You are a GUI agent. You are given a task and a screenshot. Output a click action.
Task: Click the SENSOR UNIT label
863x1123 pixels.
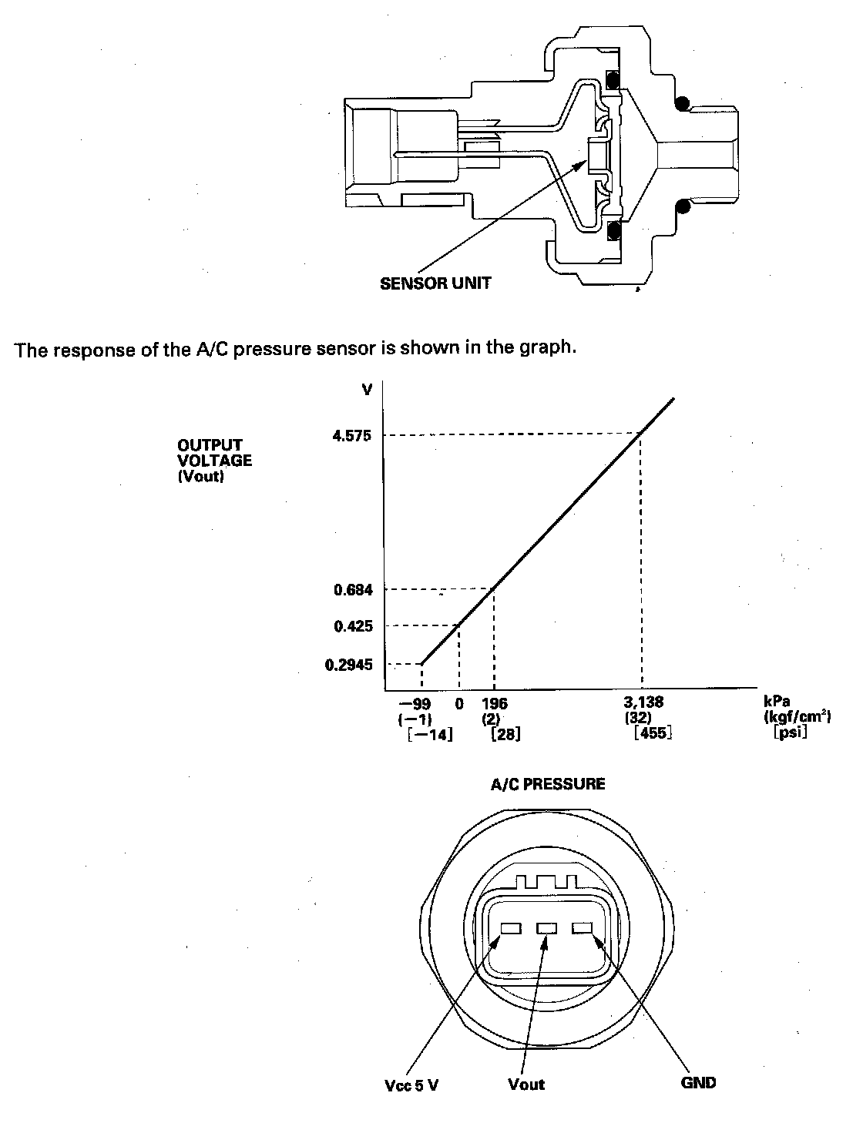pyautogui.click(x=435, y=283)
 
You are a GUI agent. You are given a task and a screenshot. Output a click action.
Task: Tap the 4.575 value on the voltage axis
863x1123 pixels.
pyautogui.click(x=352, y=435)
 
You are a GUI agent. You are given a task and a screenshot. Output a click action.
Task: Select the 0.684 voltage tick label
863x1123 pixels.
pyautogui.click(x=353, y=590)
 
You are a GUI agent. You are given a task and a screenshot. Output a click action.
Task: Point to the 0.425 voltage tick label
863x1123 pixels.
pyautogui.click(x=353, y=626)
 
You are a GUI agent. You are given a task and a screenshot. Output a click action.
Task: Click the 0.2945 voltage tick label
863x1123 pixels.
pyautogui.click(x=348, y=664)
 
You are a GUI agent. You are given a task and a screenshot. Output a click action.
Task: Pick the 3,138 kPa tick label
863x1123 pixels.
pyautogui.click(x=643, y=702)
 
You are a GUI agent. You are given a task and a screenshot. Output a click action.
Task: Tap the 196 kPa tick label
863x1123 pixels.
pyautogui.click(x=494, y=703)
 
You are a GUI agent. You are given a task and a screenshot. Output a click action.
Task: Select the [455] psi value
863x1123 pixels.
pyautogui.click(x=652, y=733)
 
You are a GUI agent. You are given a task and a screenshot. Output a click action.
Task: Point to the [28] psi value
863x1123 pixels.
pyautogui.click(x=505, y=734)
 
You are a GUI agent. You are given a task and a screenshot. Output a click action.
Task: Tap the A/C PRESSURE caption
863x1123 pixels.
pyautogui.click(x=548, y=784)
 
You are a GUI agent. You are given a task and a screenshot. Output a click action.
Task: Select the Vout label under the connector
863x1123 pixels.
pyautogui.click(x=526, y=1084)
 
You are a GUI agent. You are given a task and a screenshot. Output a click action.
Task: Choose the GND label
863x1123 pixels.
pyautogui.click(x=698, y=1082)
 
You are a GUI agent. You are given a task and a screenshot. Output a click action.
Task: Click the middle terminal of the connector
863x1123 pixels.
pyautogui.click(x=546, y=929)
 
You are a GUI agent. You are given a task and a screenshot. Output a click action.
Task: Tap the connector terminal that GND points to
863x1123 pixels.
pyautogui.click(x=582, y=929)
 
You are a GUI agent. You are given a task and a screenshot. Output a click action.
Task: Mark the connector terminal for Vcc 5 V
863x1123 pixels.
pyautogui.click(x=511, y=929)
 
